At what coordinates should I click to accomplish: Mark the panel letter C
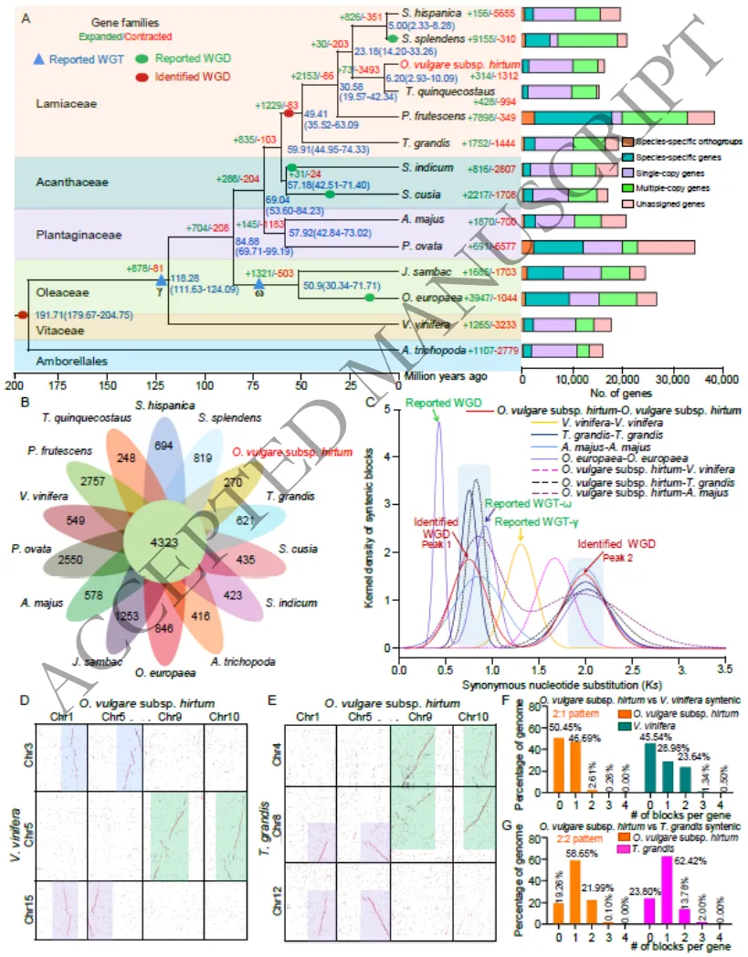click(x=370, y=400)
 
